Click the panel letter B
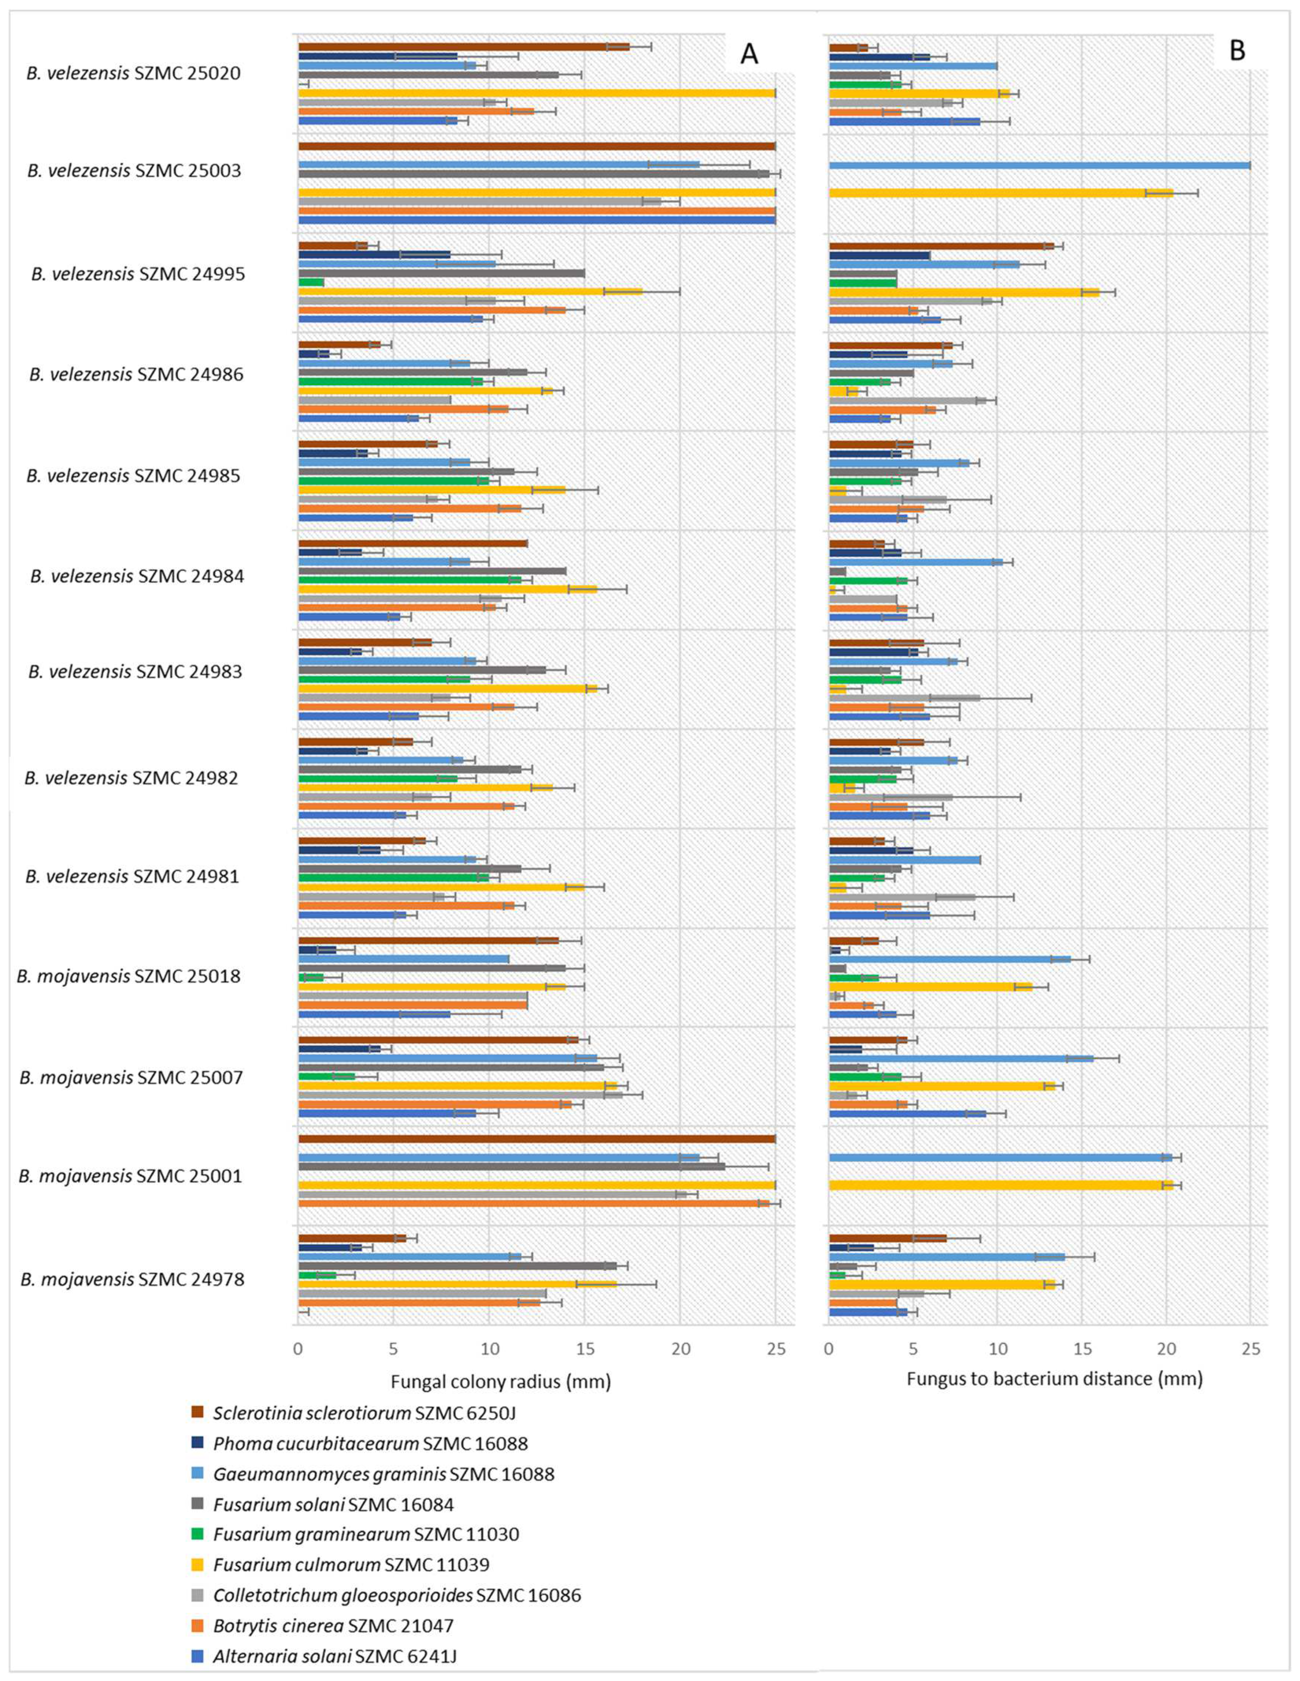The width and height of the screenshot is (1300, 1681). [1237, 51]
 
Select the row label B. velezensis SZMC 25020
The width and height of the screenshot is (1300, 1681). [134, 74]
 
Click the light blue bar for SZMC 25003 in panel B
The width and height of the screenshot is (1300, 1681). [1039, 165]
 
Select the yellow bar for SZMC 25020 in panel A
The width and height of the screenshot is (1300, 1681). [536, 93]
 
